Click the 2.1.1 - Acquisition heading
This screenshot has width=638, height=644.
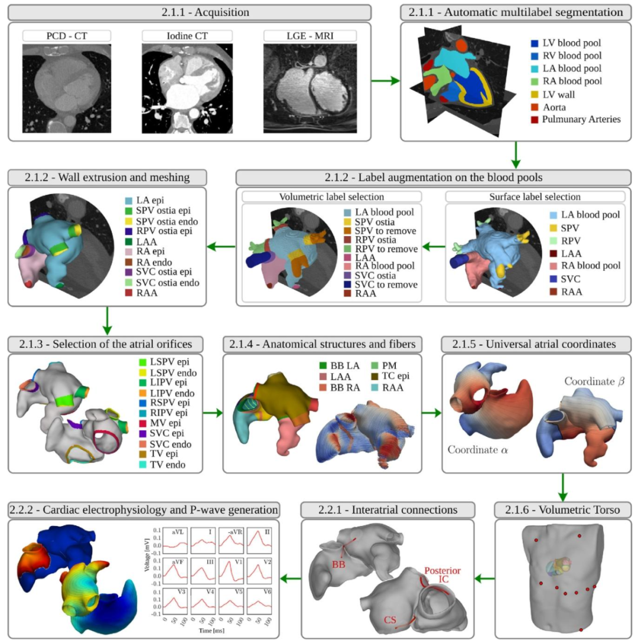(190, 12)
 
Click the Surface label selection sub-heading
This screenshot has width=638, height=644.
(535, 196)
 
